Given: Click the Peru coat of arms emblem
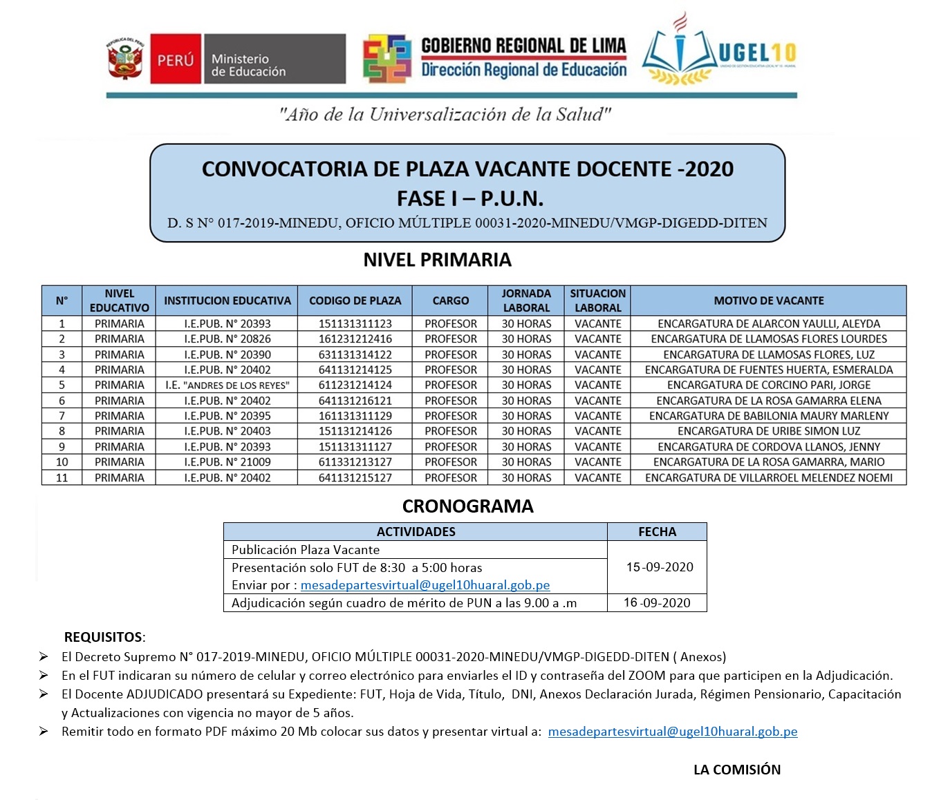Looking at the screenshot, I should [125, 59].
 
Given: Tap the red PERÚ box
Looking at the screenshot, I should [176, 59].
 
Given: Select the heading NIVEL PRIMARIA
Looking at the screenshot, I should [437, 260].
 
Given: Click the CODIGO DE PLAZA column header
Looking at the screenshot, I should [355, 301].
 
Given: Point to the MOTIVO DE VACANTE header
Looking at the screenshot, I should [768, 301].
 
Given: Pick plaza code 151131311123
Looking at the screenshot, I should [355, 323].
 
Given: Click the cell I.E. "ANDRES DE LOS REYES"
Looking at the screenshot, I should [227, 385].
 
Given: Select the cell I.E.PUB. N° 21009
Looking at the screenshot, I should [227, 462].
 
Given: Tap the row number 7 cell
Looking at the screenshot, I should [62, 416].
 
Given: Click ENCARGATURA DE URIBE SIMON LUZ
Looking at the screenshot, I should [768, 431].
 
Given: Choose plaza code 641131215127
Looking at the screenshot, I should [355, 477].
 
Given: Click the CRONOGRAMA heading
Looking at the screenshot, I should [467, 506].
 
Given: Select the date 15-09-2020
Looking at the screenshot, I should [659, 567].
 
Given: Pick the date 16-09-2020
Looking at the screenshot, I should [657, 602].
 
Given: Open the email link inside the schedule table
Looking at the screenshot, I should [425, 585].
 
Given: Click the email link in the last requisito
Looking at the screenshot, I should [672, 732].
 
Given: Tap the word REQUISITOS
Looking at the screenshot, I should [104, 637].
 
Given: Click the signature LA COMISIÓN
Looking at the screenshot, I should [737, 770].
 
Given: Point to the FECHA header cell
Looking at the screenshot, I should [657, 531].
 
